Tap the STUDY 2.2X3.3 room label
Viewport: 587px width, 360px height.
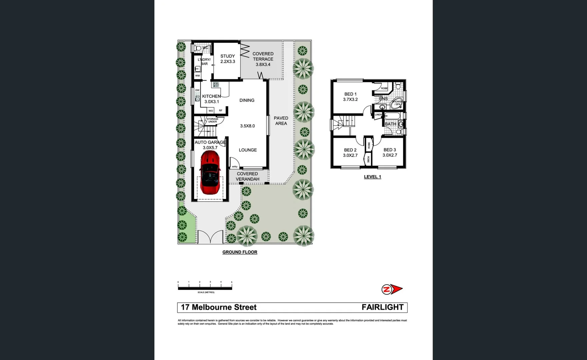227,59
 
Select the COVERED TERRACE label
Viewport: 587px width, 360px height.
263,59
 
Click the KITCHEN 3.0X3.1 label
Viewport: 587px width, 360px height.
211,99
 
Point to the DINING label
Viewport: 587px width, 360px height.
247,100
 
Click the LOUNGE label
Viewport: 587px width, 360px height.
247,150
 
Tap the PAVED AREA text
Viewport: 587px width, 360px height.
281,121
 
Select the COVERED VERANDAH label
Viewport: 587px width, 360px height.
247,176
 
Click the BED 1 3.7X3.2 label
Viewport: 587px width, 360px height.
350,97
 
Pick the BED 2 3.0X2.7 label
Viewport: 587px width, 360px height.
350,153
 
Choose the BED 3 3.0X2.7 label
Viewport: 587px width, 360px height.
390,152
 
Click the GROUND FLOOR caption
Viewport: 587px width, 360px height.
240,252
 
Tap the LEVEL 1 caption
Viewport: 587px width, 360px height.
372,177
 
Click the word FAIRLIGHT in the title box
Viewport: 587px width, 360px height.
383,307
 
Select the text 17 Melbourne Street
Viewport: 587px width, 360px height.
219,307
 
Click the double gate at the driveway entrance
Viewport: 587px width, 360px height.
210,237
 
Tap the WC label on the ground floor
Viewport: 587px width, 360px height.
205,48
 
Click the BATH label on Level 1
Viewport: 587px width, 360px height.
390,124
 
